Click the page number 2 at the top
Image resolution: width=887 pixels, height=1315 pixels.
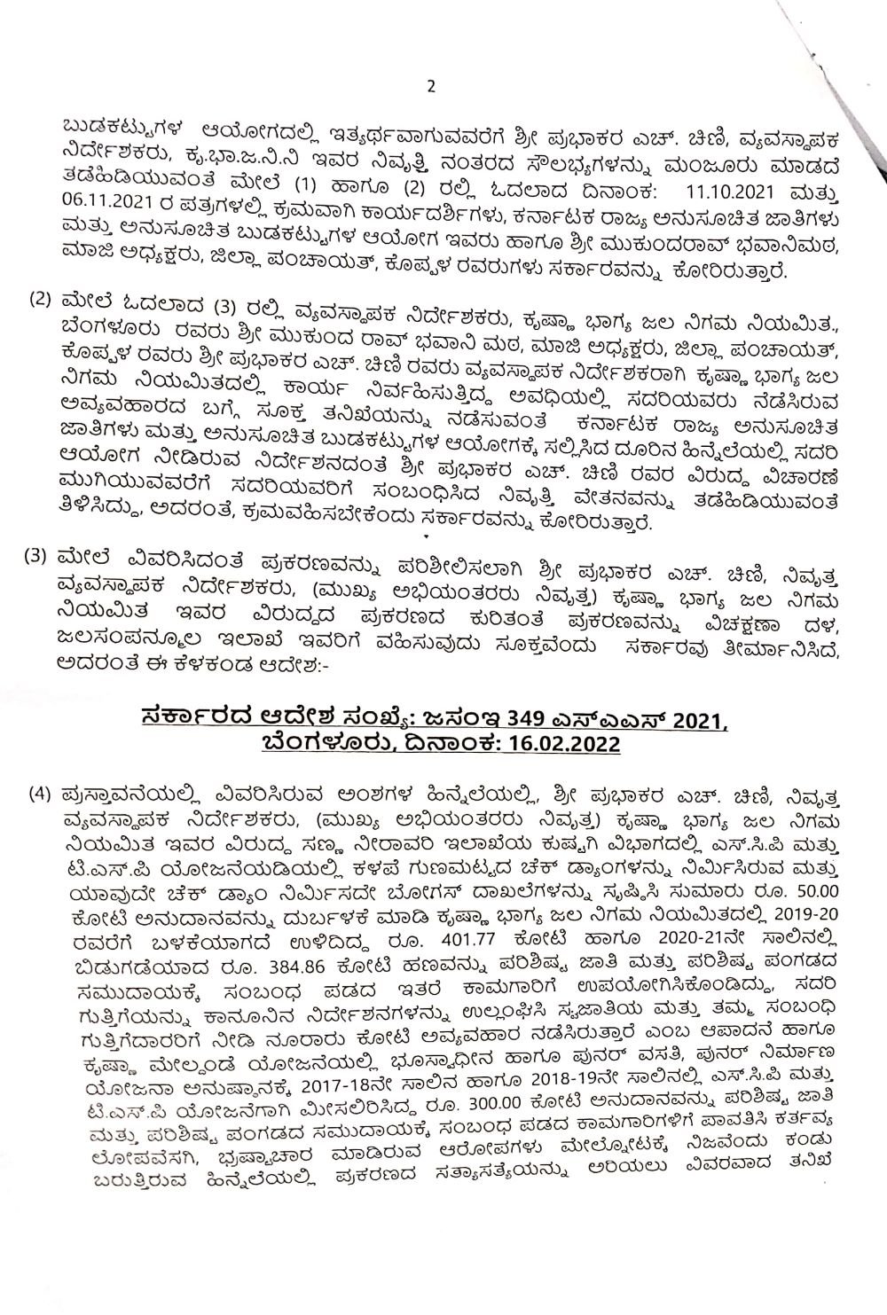[431, 86]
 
